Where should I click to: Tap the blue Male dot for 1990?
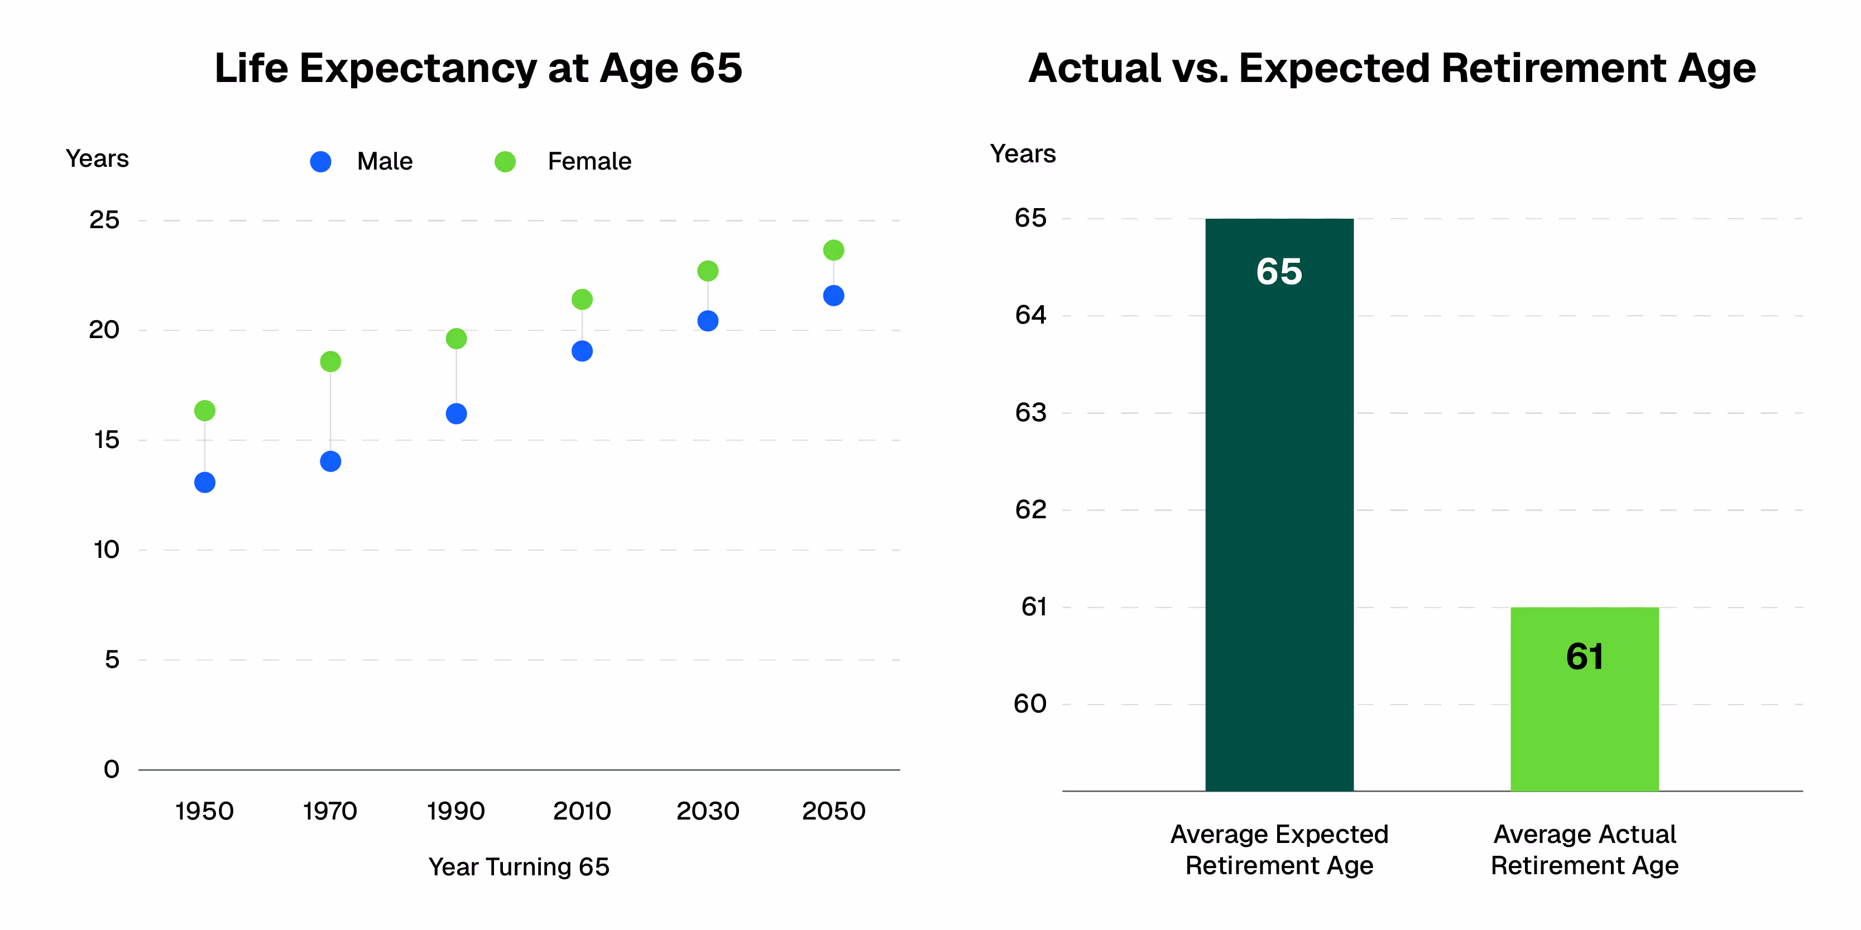(x=456, y=414)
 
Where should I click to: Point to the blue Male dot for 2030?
(x=707, y=321)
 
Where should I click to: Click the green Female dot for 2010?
(x=582, y=299)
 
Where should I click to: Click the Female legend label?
(x=589, y=162)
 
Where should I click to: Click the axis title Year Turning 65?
(x=518, y=866)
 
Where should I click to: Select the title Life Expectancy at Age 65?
(x=478, y=69)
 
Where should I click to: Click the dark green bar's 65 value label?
(x=1279, y=272)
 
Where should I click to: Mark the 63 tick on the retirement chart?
(x=1030, y=413)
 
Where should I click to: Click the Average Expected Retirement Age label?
(x=1279, y=850)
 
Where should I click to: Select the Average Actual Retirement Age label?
(x=1584, y=850)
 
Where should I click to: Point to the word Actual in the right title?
(x=1095, y=69)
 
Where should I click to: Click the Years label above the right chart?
(x=1022, y=154)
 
